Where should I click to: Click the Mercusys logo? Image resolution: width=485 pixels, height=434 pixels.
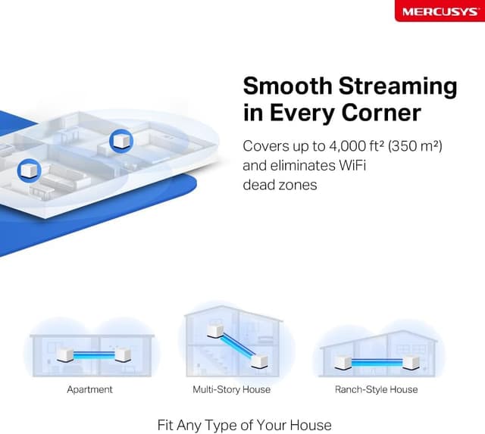(439, 11)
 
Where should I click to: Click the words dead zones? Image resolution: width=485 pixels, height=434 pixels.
(280, 184)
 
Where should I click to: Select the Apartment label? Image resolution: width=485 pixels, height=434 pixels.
(89, 389)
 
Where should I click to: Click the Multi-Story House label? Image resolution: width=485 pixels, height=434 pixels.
(231, 389)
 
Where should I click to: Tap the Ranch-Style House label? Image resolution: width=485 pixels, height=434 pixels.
(376, 389)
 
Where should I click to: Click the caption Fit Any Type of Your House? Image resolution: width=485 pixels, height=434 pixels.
(244, 424)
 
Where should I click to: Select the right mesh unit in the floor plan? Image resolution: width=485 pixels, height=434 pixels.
(120, 140)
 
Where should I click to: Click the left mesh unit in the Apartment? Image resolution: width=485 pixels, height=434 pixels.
(64, 354)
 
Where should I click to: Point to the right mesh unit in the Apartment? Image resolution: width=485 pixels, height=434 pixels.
(120, 354)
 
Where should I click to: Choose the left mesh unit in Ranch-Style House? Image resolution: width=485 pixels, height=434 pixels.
(343, 362)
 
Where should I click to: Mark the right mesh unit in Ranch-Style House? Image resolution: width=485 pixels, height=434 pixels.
(411, 362)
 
